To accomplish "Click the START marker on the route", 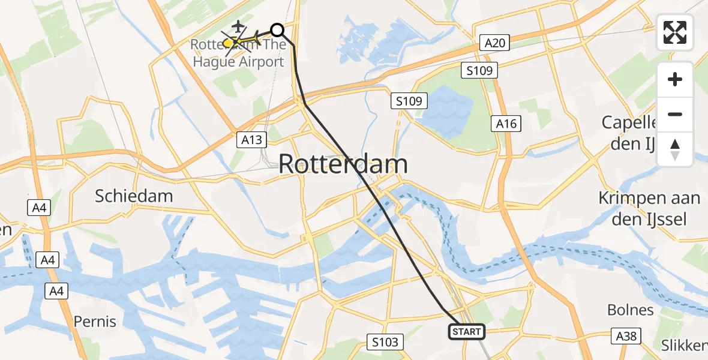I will coord(467,331).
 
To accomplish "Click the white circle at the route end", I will coord(277,29).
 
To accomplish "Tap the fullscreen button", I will coord(675,32).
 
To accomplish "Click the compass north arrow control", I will coord(675,149).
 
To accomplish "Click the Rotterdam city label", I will coord(343,164).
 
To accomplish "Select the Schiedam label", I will coord(134,196).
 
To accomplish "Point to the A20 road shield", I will coord(496,42).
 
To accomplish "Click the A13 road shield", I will coord(251,139).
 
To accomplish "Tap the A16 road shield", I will coord(506,123).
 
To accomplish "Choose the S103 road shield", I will coord(384,342).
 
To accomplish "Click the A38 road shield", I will coord(625,336).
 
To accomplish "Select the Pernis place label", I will coord(95,322).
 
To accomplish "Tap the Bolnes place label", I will coord(630,310).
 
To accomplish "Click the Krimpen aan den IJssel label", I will coord(649,208).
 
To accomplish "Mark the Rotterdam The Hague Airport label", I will coord(238,53).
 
